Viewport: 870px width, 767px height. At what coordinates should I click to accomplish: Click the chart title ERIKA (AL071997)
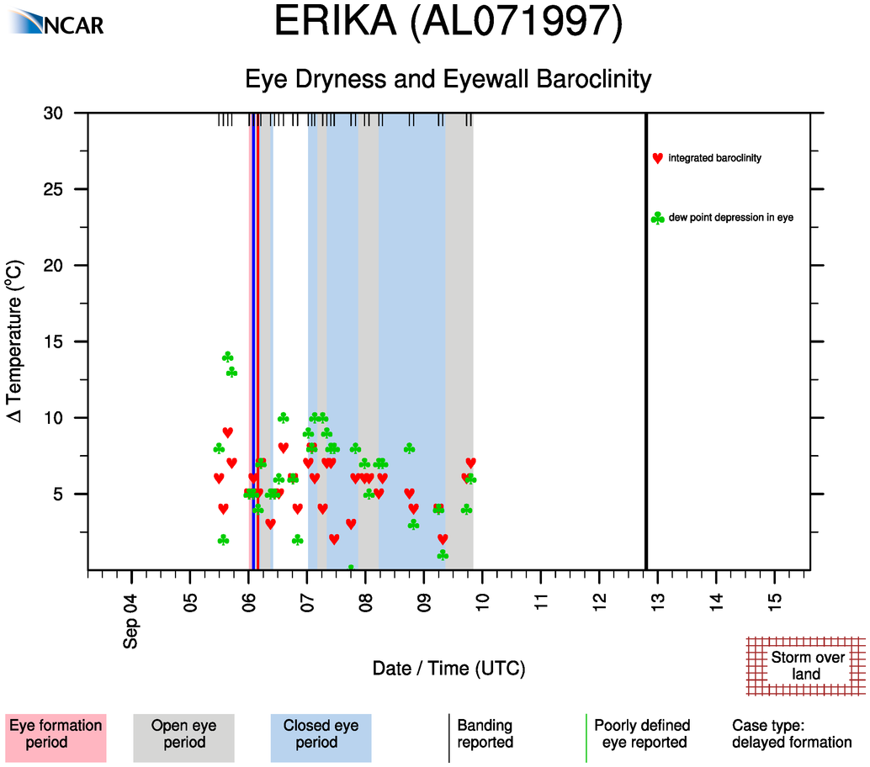[448, 24]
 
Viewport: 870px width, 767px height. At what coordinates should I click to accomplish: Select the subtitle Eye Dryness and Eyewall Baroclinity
[448, 80]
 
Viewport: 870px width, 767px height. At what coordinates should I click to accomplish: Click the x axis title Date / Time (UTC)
[448, 669]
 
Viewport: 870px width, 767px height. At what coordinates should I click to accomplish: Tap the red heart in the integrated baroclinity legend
[657, 158]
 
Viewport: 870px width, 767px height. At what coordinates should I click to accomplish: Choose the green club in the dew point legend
[657, 219]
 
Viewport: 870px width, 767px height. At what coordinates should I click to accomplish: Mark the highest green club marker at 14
[227, 357]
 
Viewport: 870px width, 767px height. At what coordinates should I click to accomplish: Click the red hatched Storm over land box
[806, 665]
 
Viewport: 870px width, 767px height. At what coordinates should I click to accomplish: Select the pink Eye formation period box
[56, 734]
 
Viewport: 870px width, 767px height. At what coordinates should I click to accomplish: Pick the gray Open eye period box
[183, 734]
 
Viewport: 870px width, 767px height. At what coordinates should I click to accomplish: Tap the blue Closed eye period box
[321, 734]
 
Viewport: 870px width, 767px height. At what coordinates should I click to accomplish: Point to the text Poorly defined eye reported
[642, 734]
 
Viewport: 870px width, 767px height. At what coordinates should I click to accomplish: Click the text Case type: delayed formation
[791, 734]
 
